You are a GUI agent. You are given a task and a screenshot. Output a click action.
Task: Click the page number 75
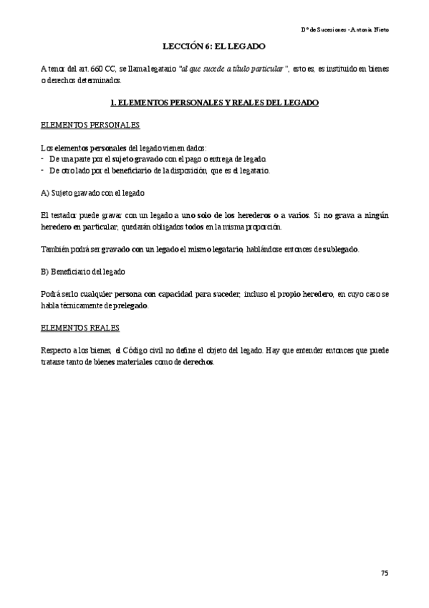pos(384,572)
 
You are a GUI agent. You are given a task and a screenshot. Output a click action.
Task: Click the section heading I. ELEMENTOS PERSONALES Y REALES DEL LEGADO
pos(215,103)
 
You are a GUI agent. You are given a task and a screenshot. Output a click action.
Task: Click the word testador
pos(69,215)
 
